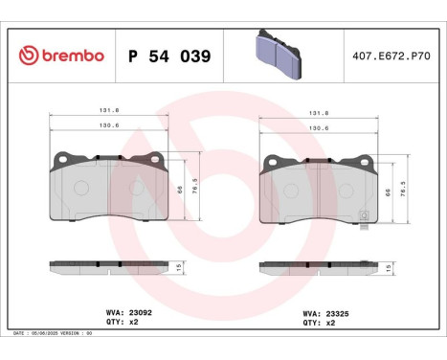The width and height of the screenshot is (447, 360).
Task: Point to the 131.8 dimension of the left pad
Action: (x=111, y=112)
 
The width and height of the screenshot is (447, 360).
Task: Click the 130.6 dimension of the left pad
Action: (x=111, y=124)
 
